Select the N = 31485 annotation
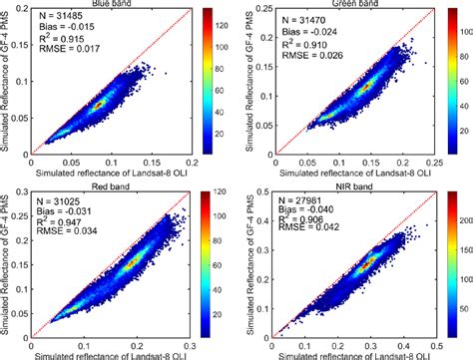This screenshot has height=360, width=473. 61,18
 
